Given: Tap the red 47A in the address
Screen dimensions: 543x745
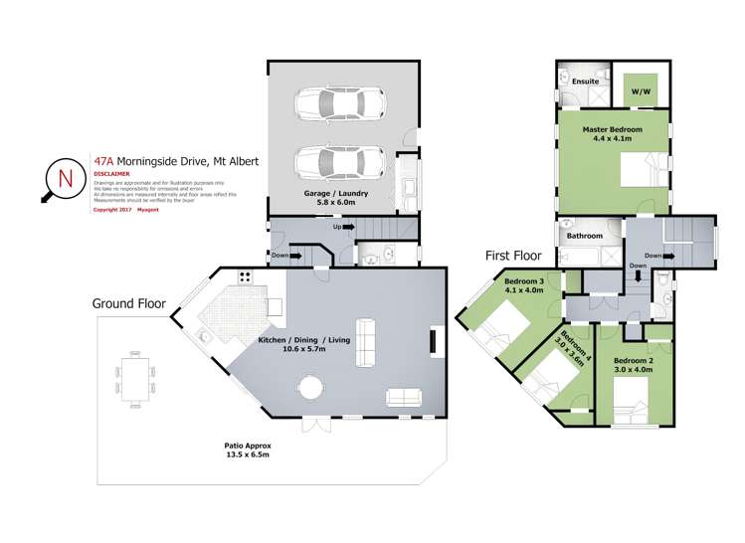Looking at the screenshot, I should [x=103, y=158].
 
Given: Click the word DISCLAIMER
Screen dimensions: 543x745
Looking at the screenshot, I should [x=111, y=172].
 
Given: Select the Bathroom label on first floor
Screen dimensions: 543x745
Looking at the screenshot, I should [x=585, y=236].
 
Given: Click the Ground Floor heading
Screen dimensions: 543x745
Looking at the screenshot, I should [x=129, y=302].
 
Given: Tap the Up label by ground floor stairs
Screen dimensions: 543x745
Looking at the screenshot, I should [x=339, y=226].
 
